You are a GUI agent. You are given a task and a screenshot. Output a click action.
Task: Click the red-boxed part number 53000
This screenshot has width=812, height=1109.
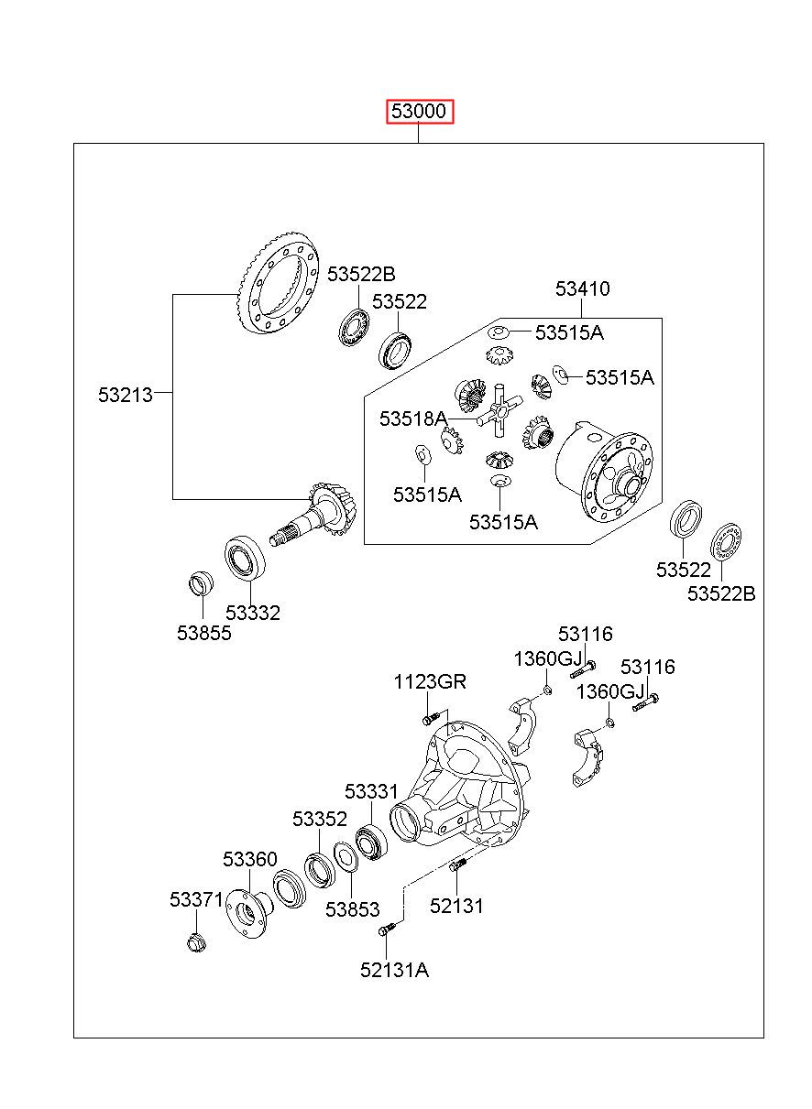click(419, 111)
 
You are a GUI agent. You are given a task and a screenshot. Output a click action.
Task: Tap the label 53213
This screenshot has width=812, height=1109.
click(125, 395)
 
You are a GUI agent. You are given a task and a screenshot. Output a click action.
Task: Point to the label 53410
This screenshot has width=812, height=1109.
click(582, 288)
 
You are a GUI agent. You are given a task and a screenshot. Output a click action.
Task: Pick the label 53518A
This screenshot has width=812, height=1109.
click(413, 419)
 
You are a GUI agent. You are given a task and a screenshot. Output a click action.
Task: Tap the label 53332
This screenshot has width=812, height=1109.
click(253, 613)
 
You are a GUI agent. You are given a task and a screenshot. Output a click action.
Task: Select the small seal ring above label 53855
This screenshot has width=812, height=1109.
click(202, 584)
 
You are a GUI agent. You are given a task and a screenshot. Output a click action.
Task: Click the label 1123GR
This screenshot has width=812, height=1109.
click(430, 681)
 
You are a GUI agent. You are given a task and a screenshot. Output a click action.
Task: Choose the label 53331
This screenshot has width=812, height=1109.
click(371, 791)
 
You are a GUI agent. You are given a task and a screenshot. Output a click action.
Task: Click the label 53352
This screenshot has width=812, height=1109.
click(320, 819)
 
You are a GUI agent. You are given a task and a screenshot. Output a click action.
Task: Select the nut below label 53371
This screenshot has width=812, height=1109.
click(196, 941)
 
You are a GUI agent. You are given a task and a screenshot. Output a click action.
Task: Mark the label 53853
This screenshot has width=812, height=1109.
click(352, 909)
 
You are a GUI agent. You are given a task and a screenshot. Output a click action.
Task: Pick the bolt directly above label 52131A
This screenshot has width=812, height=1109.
click(387, 929)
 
